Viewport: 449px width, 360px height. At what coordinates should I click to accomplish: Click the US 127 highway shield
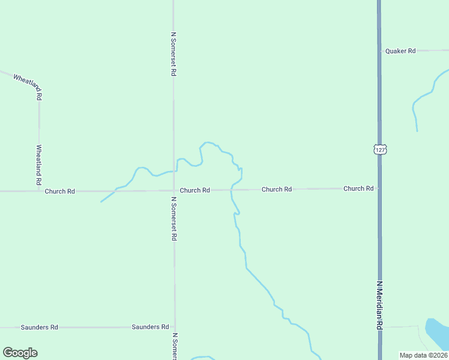(x=379, y=149)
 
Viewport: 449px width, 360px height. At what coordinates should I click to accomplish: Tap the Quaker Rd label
(x=400, y=51)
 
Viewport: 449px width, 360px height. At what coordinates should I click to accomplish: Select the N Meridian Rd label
(x=379, y=306)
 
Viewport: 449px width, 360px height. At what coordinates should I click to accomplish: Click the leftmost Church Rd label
(x=59, y=191)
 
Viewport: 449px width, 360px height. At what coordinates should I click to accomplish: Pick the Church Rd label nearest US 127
(x=358, y=188)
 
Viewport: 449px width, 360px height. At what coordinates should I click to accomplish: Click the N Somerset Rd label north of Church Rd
(x=173, y=54)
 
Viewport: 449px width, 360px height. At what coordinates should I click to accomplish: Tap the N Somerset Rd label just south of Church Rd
(x=173, y=219)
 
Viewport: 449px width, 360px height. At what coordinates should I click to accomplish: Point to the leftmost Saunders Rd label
(x=39, y=328)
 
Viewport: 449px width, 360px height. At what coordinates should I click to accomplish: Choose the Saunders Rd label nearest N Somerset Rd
(x=150, y=327)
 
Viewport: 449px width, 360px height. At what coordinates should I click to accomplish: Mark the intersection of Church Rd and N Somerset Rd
(x=174, y=191)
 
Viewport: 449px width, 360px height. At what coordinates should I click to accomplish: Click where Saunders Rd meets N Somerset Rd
(x=175, y=327)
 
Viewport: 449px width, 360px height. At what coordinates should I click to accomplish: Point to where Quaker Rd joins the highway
(x=379, y=51)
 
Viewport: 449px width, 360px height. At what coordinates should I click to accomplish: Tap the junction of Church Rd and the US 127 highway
(x=379, y=188)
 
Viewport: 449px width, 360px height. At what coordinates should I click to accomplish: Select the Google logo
(x=20, y=353)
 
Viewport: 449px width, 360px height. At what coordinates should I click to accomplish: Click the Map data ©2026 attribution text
(x=423, y=355)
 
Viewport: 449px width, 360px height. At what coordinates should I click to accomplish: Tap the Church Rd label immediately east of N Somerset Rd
(x=195, y=190)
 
